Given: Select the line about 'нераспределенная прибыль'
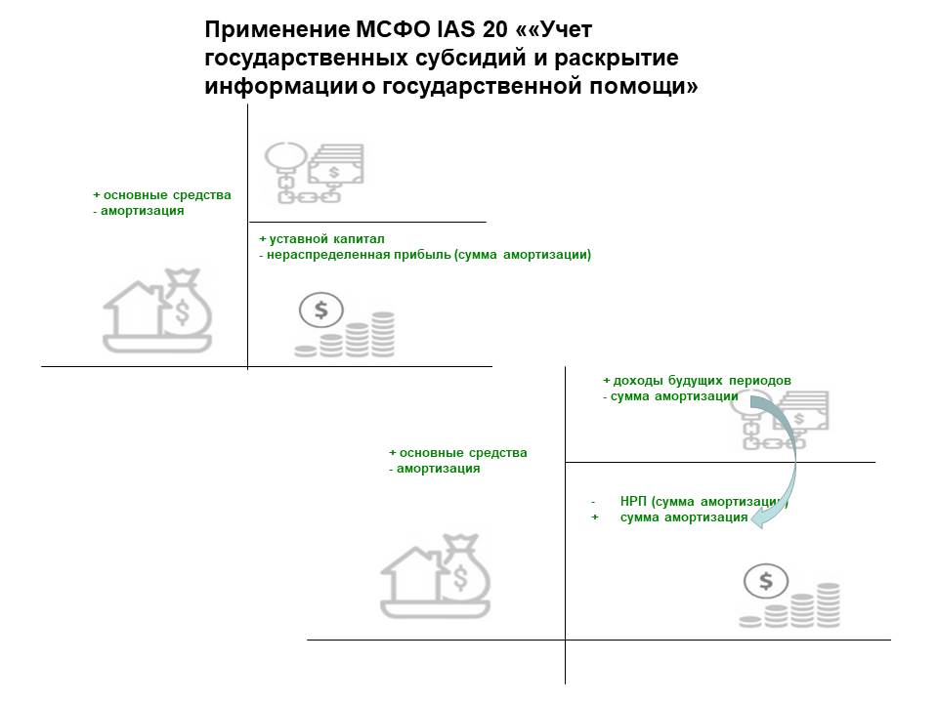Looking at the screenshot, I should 425,255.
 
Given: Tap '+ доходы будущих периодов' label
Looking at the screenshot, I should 697,380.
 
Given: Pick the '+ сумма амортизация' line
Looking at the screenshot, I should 682,517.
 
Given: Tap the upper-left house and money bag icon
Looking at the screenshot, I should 157,311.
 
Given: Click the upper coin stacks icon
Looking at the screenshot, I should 345,326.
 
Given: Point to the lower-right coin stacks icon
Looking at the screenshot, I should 790,598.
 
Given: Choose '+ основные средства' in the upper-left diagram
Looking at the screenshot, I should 162,195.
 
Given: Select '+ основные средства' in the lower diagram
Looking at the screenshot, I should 458,453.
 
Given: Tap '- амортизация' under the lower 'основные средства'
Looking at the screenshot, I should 435,469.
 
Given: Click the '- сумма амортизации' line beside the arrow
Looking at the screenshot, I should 669,396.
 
